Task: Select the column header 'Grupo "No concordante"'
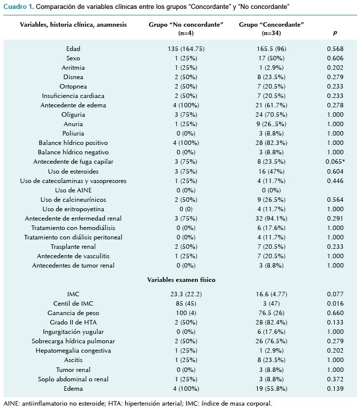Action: [186, 25]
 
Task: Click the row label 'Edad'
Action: [73, 49]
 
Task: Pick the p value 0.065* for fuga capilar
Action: [337, 162]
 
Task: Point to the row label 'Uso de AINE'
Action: [73, 190]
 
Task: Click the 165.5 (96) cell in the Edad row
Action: [271, 49]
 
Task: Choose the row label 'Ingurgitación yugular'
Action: [73, 332]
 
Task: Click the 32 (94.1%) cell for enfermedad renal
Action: [271, 219]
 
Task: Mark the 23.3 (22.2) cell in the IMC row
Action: [186, 294]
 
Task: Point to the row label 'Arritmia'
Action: [73, 68]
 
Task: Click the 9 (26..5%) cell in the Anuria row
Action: [271, 124]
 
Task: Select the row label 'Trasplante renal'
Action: [73, 247]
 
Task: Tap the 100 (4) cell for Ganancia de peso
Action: [186, 313]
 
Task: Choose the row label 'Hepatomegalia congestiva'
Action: [73, 351]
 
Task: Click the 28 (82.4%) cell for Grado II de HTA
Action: [271, 322]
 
